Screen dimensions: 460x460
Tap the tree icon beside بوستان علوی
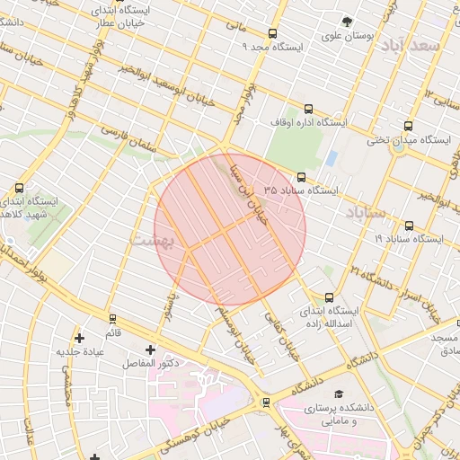(x=347, y=22)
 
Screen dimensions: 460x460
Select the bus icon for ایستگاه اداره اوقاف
(x=309, y=108)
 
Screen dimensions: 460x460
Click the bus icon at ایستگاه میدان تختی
(x=409, y=127)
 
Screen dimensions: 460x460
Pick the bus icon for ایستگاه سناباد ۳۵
(x=300, y=177)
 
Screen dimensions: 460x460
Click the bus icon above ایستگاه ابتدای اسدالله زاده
(x=329, y=297)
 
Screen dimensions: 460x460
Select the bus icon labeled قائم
(x=112, y=318)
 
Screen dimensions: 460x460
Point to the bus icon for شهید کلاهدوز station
(x=20, y=189)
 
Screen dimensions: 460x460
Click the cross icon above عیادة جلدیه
(x=81, y=338)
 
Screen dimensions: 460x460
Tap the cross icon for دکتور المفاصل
(x=149, y=349)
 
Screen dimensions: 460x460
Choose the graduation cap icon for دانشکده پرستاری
(x=339, y=394)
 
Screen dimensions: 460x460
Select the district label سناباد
(x=364, y=213)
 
